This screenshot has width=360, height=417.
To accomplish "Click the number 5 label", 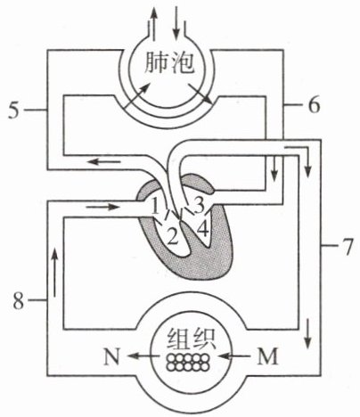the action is tap(14, 110).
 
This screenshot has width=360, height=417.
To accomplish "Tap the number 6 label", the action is tap(314, 105).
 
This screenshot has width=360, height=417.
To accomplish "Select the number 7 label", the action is tap(345, 246).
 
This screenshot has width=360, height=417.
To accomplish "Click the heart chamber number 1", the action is tap(156, 207).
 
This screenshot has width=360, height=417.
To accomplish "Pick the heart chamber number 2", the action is tap(173, 237).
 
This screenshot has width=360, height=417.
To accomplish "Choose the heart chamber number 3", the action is tap(199, 205).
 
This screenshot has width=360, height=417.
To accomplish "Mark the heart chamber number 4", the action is tap(203, 229).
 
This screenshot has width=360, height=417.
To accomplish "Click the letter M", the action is tap(267, 356).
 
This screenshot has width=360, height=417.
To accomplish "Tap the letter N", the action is tap(111, 356).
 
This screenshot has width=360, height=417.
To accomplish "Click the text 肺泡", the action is tap(170, 63).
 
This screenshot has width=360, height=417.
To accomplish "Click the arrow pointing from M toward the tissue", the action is tap(234, 356).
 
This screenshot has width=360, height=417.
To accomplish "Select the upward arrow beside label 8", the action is tap(54, 273).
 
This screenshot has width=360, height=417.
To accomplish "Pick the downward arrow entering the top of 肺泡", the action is tap(176, 23).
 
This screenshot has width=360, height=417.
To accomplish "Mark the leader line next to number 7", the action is tap(329, 245).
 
